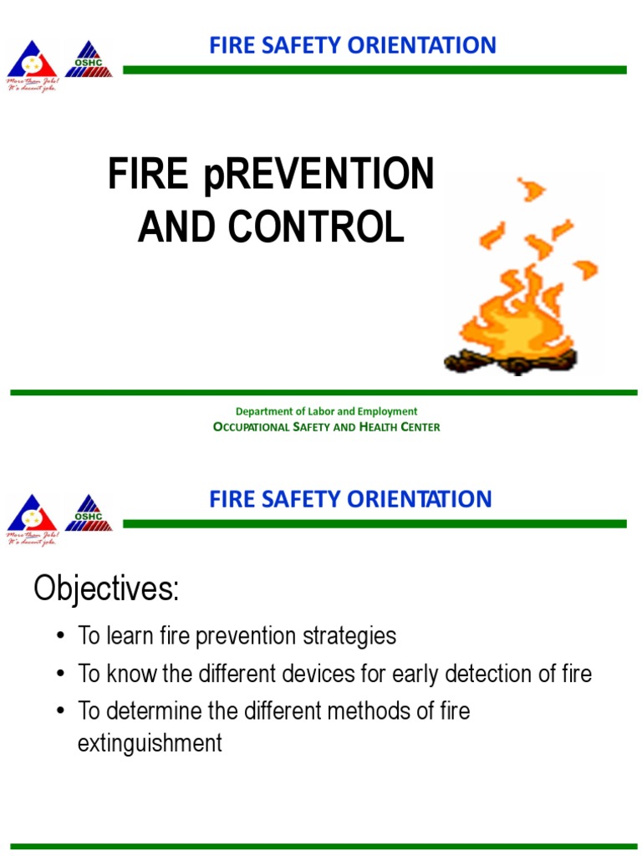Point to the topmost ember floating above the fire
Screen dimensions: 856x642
click(529, 189)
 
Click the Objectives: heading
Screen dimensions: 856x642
click(106, 589)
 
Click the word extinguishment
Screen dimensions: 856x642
click(150, 742)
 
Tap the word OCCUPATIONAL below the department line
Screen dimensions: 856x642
click(252, 427)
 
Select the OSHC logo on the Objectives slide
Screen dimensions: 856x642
click(89, 514)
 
